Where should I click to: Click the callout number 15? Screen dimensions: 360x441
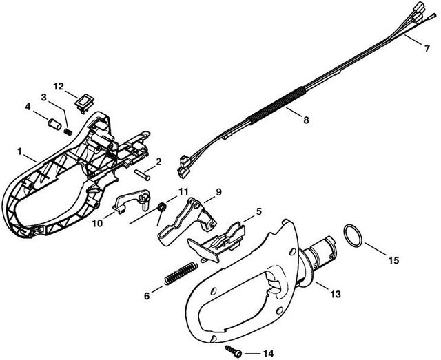pos(393,260)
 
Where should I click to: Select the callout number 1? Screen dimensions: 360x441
pos(21,150)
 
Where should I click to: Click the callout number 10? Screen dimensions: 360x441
pos(96,223)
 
